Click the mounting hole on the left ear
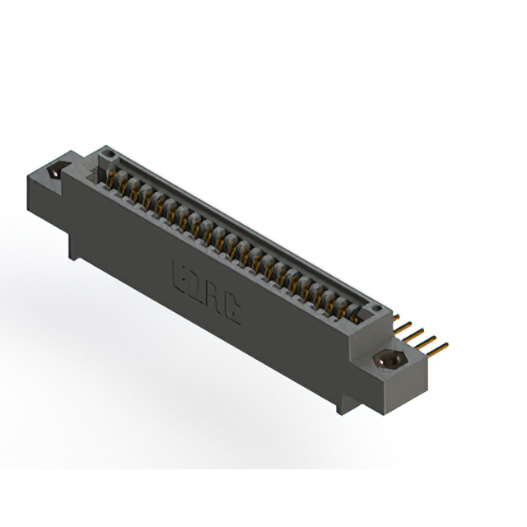click(x=55, y=174)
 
